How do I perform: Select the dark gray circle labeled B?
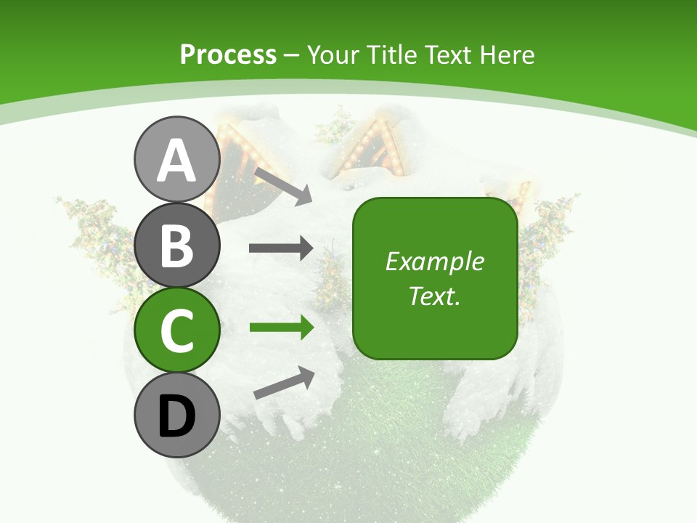click(176, 246)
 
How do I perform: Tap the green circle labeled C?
click(176, 331)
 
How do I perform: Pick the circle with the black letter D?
click(176, 415)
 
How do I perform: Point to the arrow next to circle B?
click(281, 248)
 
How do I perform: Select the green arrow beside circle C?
click(281, 328)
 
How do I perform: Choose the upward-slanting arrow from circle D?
click(284, 383)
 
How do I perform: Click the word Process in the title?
click(228, 55)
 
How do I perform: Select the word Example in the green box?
click(434, 261)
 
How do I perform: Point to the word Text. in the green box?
click(434, 296)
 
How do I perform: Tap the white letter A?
click(176, 161)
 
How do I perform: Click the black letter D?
click(176, 417)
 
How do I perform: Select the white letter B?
click(176, 246)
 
